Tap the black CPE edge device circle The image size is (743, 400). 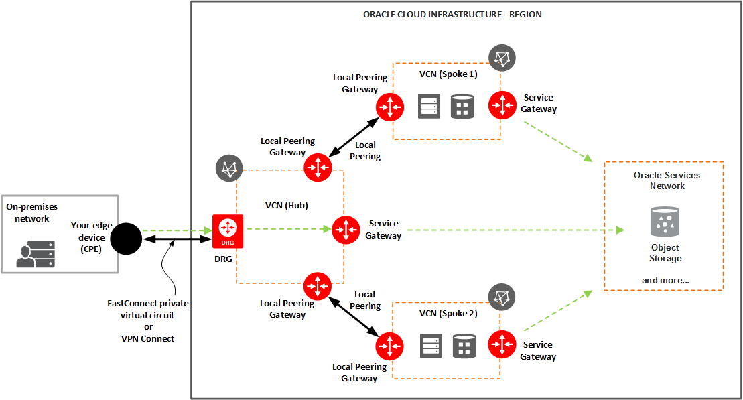[x=125, y=238]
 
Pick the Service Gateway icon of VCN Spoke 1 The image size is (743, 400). [x=501, y=105]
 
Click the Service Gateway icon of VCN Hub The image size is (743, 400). [x=346, y=230]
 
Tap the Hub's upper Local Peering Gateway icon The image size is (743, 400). [x=317, y=167]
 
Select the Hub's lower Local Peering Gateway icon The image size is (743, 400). [x=317, y=286]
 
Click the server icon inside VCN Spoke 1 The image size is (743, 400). [x=429, y=107]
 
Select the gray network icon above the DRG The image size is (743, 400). [x=228, y=168]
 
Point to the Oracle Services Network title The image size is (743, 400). [x=667, y=180]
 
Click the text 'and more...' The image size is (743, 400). [x=665, y=280]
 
